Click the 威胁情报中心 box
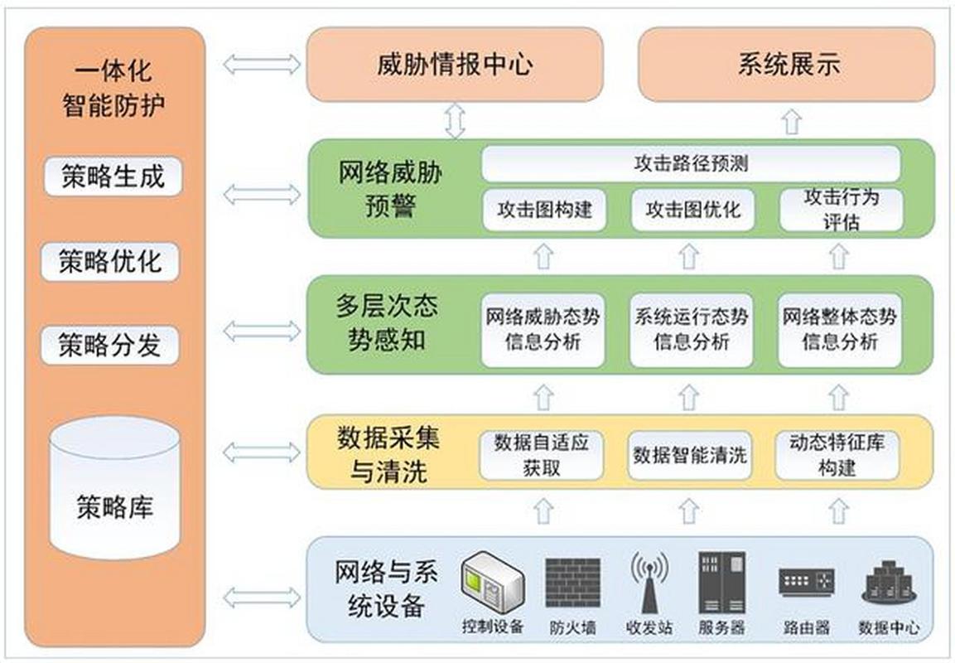(454, 65)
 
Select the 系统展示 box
(786, 65)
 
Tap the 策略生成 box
(113, 177)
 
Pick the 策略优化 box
(110, 262)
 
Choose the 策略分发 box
(110, 346)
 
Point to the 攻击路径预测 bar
(691, 164)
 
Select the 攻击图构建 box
(544, 210)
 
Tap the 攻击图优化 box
(692, 210)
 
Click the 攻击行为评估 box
(841, 210)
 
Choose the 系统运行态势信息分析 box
(691, 329)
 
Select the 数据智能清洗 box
(689, 455)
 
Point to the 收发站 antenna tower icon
(649, 580)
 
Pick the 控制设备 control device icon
(492, 582)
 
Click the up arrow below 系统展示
(792, 123)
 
